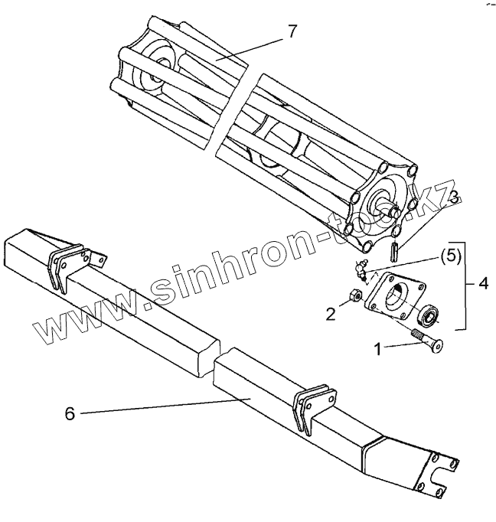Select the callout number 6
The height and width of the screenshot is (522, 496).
[x=70, y=413]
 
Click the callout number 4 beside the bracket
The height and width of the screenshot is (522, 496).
[x=483, y=284]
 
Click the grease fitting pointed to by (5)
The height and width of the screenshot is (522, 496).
[x=361, y=268]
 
